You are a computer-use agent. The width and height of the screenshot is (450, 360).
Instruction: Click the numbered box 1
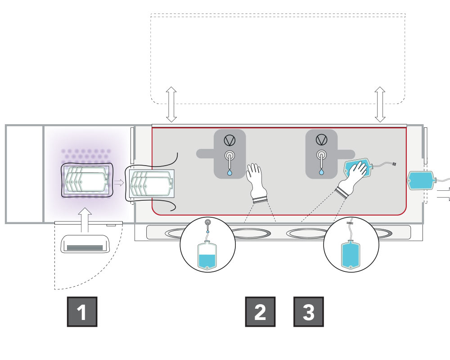pyautogui.click(x=82, y=311)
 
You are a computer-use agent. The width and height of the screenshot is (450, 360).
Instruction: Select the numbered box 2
pyautogui.click(x=260, y=311)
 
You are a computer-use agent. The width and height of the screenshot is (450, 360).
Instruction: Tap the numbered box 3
pyautogui.click(x=309, y=311)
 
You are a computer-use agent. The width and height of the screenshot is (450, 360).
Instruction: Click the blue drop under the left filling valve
pyautogui.click(x=230, y=171)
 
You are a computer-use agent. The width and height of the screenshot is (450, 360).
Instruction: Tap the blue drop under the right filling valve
pyautogui.click(x=321, y=171)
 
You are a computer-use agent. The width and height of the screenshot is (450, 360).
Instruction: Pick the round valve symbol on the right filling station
pyautogui.click(x=321, y=140)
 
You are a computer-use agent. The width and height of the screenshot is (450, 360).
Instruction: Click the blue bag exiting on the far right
pyautogui.click(x=423, y=180)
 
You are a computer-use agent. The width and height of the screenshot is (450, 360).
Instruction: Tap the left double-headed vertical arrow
pyautogui.click(x=171, y=104)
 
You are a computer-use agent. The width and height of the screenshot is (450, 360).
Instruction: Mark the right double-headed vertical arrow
pyautogui.click(x=380, y=104)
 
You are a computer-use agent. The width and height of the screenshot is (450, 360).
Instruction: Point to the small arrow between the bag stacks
pyautogui.click(x=119, y=183)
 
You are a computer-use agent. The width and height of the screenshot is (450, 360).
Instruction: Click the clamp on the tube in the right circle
pyautogui.click(x=350, y=222)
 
